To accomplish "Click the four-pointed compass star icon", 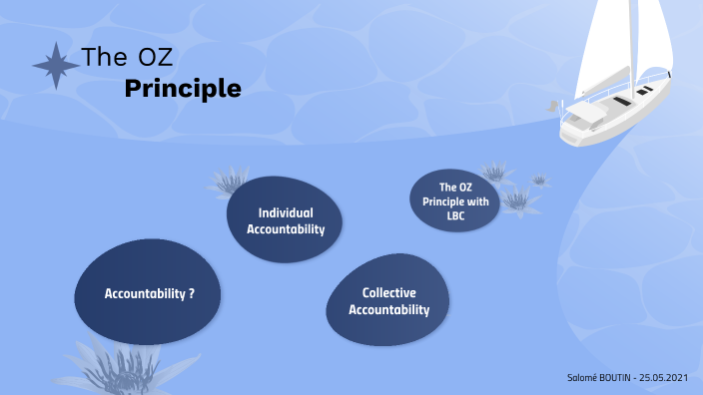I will pyautogui.click(x=56, y=66).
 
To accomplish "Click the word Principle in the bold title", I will pyautogui.click(x=183, y=89).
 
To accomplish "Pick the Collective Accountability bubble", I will pyautogui.click(x=387, y=301).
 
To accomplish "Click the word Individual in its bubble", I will pyautogui.click(x=286, y=212).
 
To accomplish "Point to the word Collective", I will pyautogui.click(x=388, y=292).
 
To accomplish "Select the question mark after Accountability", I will pyautogui.click(x=191, y=293).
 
